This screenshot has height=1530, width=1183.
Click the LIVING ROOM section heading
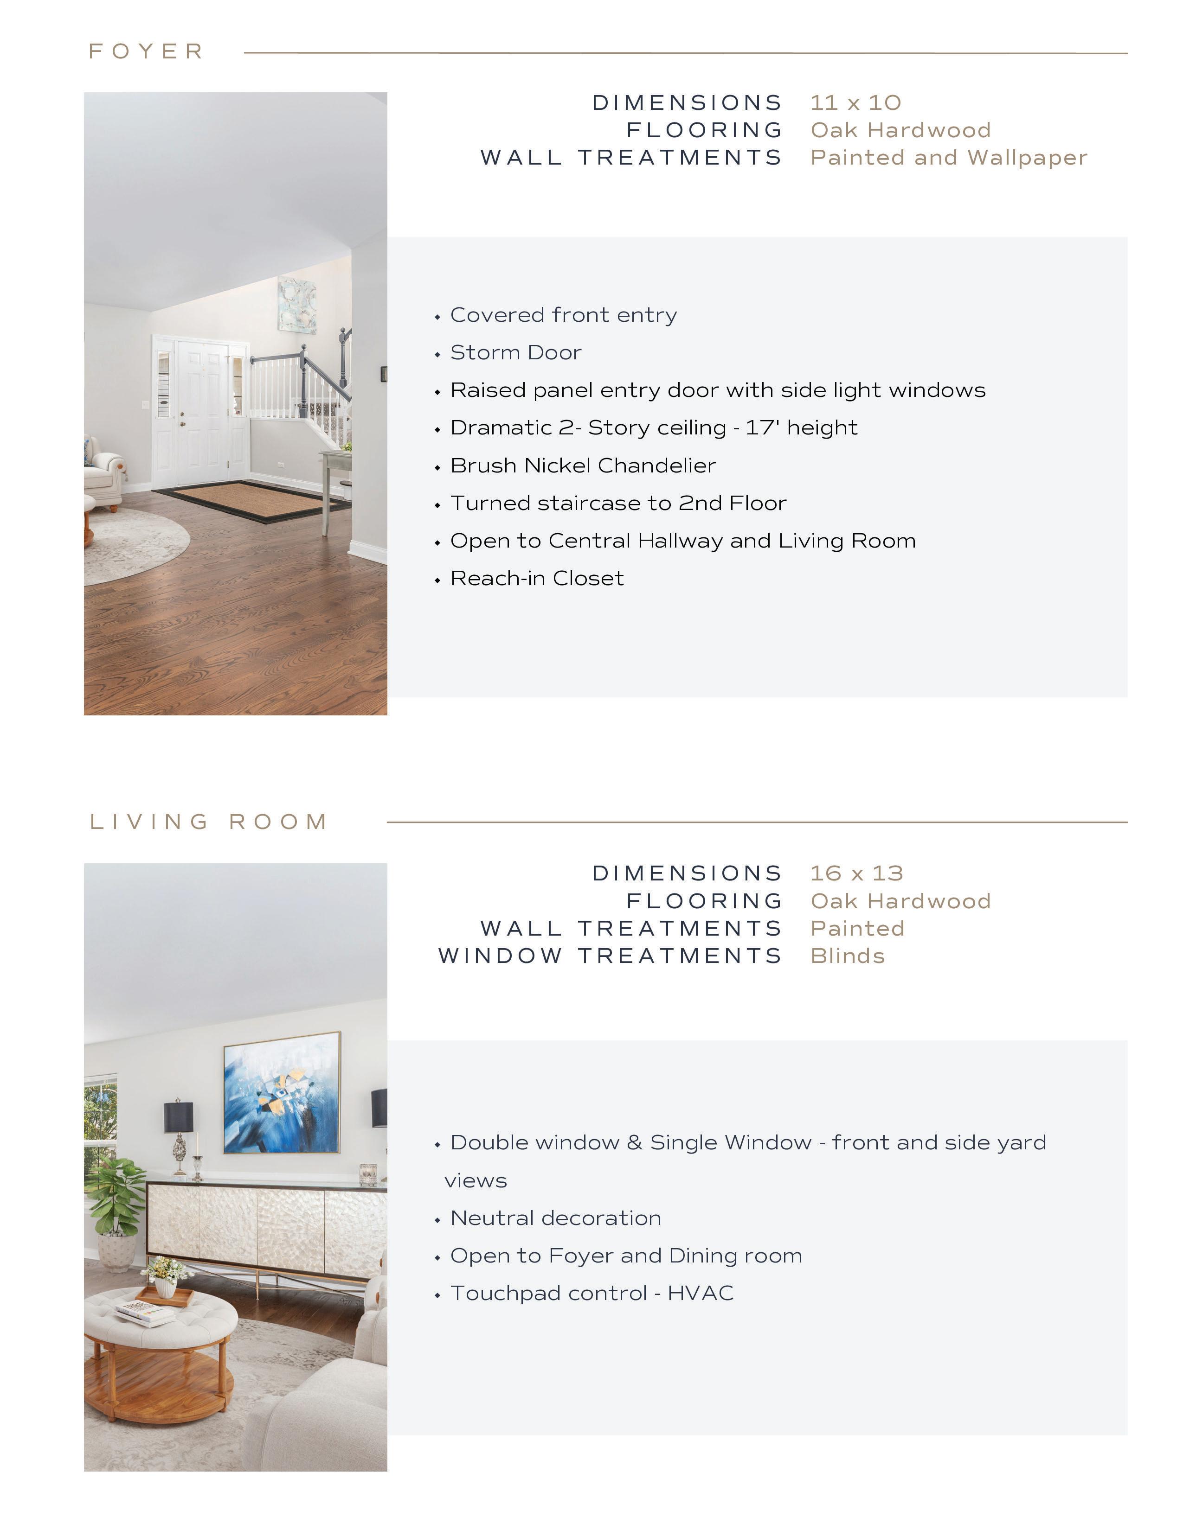tap(209, 822)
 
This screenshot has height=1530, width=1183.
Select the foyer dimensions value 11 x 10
tap(855, 103)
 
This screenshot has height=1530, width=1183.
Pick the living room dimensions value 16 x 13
tap(856, 873)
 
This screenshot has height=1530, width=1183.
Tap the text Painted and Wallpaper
tap(949, 158)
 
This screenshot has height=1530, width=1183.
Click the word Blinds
tap(847, 956)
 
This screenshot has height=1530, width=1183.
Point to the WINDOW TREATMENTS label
tap(610, 956)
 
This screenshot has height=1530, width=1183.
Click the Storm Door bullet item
tap(516, 352)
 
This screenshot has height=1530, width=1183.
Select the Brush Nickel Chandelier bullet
tap(583, 466)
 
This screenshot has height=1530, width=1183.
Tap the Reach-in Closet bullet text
tap(537, 579)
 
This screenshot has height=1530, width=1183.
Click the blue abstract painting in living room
tap(282, 1093)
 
